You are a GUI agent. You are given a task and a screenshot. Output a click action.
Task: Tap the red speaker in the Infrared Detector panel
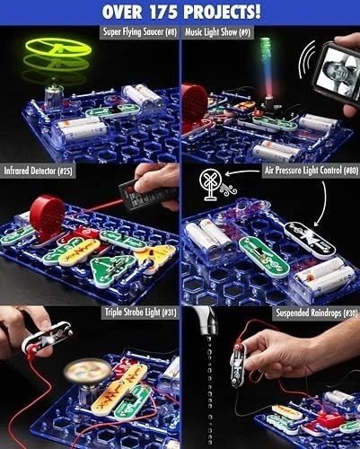click(x=47, y=216)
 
